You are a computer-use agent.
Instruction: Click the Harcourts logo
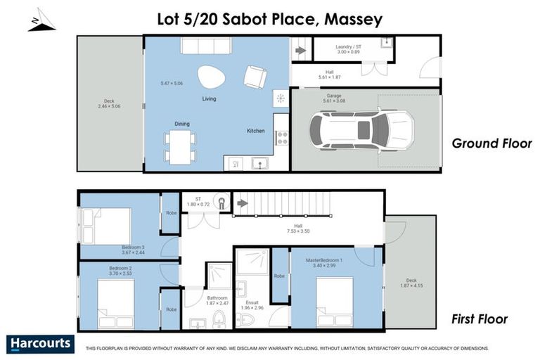click(40, 344)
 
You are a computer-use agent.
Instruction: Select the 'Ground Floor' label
click(491, 143)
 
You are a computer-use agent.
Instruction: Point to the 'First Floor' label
click(479, 319)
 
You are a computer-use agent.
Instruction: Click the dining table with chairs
click(181, 148)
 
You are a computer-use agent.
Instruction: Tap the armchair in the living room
click(255, 76)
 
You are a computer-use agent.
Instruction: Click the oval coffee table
click(211, 77)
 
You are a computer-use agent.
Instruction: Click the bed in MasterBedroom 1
click(334, 302)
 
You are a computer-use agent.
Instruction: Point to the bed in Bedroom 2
click(115, 304)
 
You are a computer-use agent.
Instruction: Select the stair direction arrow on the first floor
click(243, 204)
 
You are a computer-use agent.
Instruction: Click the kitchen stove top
click(281, 138)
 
